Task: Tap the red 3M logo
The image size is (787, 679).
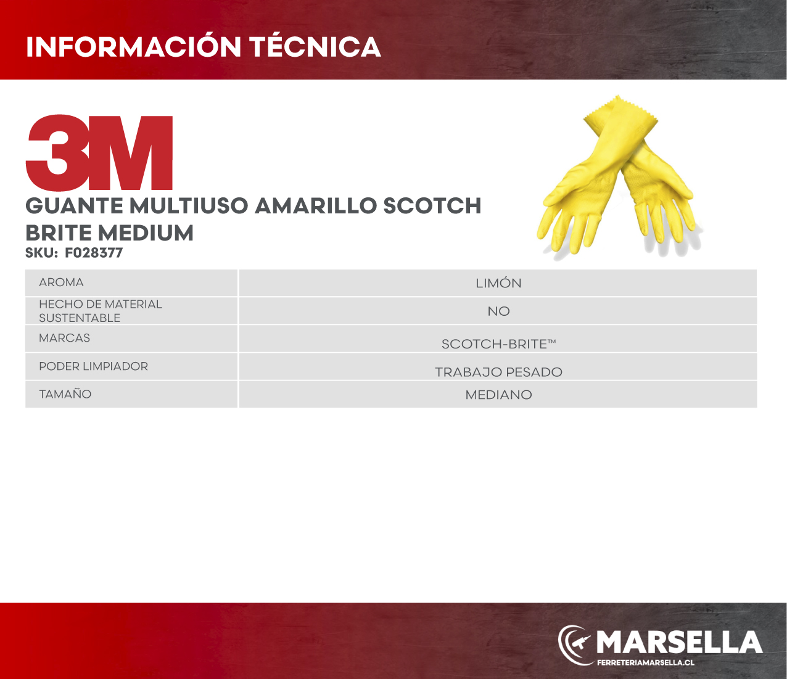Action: [x=99, y=152]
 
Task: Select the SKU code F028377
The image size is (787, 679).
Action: [x=94, y=253]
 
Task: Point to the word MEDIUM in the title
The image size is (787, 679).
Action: [x=146, y=233]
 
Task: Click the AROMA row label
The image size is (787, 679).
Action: [x=61, y=282]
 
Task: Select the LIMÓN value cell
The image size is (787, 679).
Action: [x=498, y=283]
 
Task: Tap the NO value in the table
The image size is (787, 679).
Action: [x=498, y=311]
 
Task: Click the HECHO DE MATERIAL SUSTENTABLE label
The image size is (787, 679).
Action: [x=101, y=311]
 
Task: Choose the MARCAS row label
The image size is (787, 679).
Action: [x=64, y=338]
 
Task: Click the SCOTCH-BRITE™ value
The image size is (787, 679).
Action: [x=499, y=344]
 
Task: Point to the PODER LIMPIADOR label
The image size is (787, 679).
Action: [x=93, y=366]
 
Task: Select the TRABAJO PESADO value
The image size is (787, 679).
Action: [x=498, y=372]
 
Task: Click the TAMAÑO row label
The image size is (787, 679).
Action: [x=65, y=393]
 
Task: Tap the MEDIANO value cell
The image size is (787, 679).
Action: [x=498, y=395]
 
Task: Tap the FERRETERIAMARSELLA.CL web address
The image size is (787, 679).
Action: [x=646, y=662]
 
